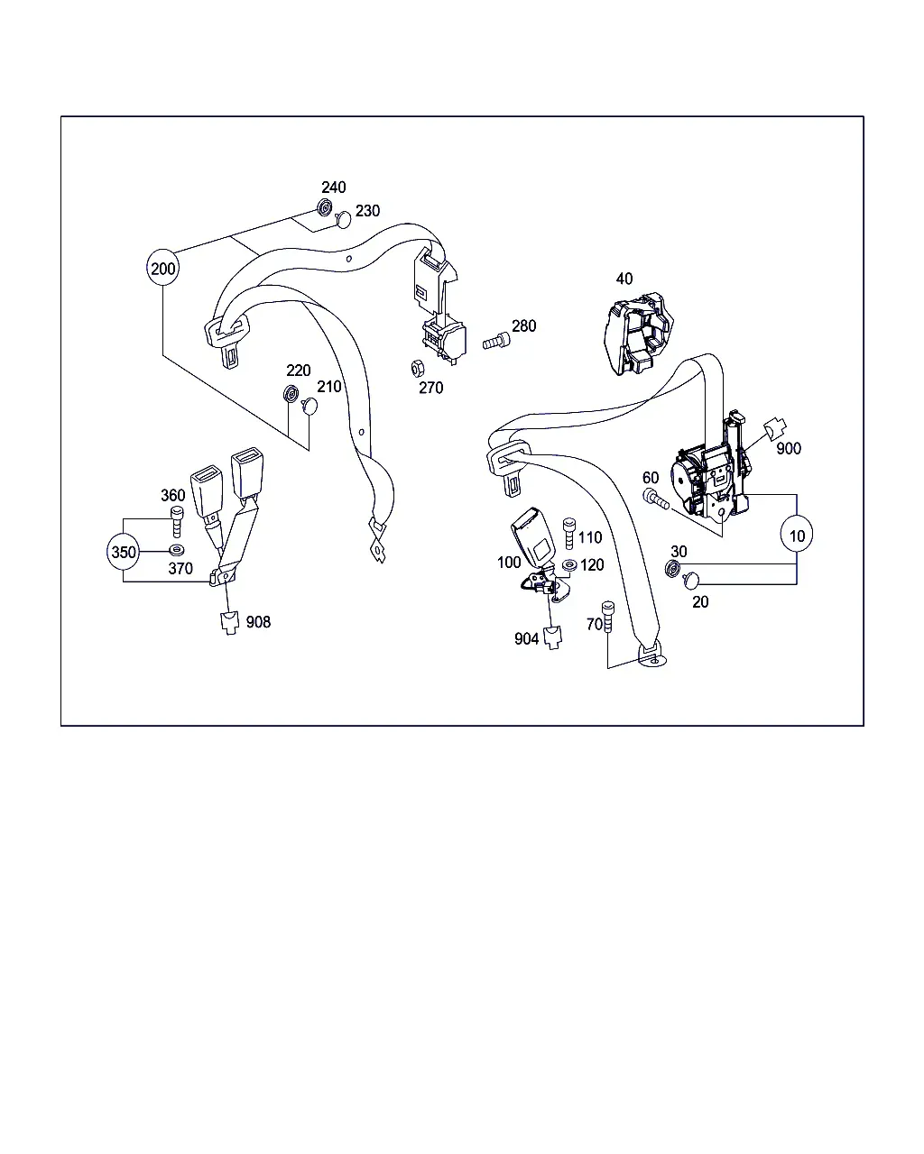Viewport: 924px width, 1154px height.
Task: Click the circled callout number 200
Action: (162, 268)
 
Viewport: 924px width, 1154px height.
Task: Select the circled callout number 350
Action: (124, 552)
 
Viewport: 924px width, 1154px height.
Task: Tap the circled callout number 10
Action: (796, 535)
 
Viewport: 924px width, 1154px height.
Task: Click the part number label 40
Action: (624, 279)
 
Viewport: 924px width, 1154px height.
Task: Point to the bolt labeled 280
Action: (496, 341)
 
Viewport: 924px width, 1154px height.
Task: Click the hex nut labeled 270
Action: (418, 369)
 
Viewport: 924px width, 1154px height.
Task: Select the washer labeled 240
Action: (324, 207)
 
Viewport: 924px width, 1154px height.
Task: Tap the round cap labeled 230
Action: (343, 219)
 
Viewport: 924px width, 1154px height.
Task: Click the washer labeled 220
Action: (291, 394)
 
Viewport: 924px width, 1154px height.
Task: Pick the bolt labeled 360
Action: (177, 521)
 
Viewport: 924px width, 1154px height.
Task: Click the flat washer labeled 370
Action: (177, 550)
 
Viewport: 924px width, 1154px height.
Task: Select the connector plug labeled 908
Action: (230, 623)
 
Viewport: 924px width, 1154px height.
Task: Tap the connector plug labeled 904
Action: (552, 638)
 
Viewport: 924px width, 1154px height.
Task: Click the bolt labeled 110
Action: (569, 534)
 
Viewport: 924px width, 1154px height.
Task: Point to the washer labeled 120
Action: (569, 565)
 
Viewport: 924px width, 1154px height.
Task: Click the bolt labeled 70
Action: (608, 617)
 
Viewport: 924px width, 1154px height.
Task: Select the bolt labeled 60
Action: (655, 499)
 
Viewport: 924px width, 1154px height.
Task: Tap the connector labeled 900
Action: (775, 428)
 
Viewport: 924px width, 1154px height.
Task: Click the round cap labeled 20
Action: (691, 581)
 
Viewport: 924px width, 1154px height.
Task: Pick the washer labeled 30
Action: (672, 568)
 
